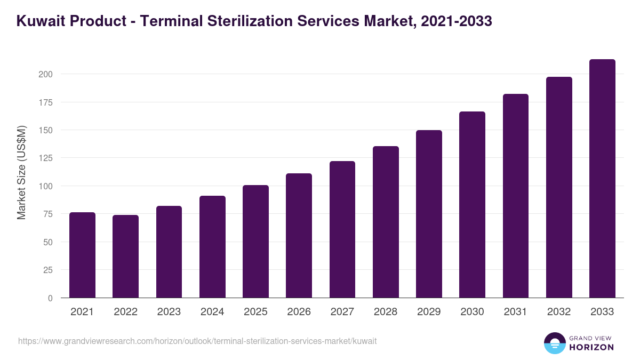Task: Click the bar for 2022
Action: tap(125, 257)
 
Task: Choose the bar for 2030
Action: tap(472, 205)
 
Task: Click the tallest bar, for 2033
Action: tap(602, 179)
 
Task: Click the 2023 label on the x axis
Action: tap(169, 312)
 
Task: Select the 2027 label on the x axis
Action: tap(342, 312)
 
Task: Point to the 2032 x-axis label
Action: tap(558, 312)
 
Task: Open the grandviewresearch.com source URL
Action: tap(197, 341)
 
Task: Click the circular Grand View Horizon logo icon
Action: tap(554, 343)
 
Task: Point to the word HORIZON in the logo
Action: tap(591, 347)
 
